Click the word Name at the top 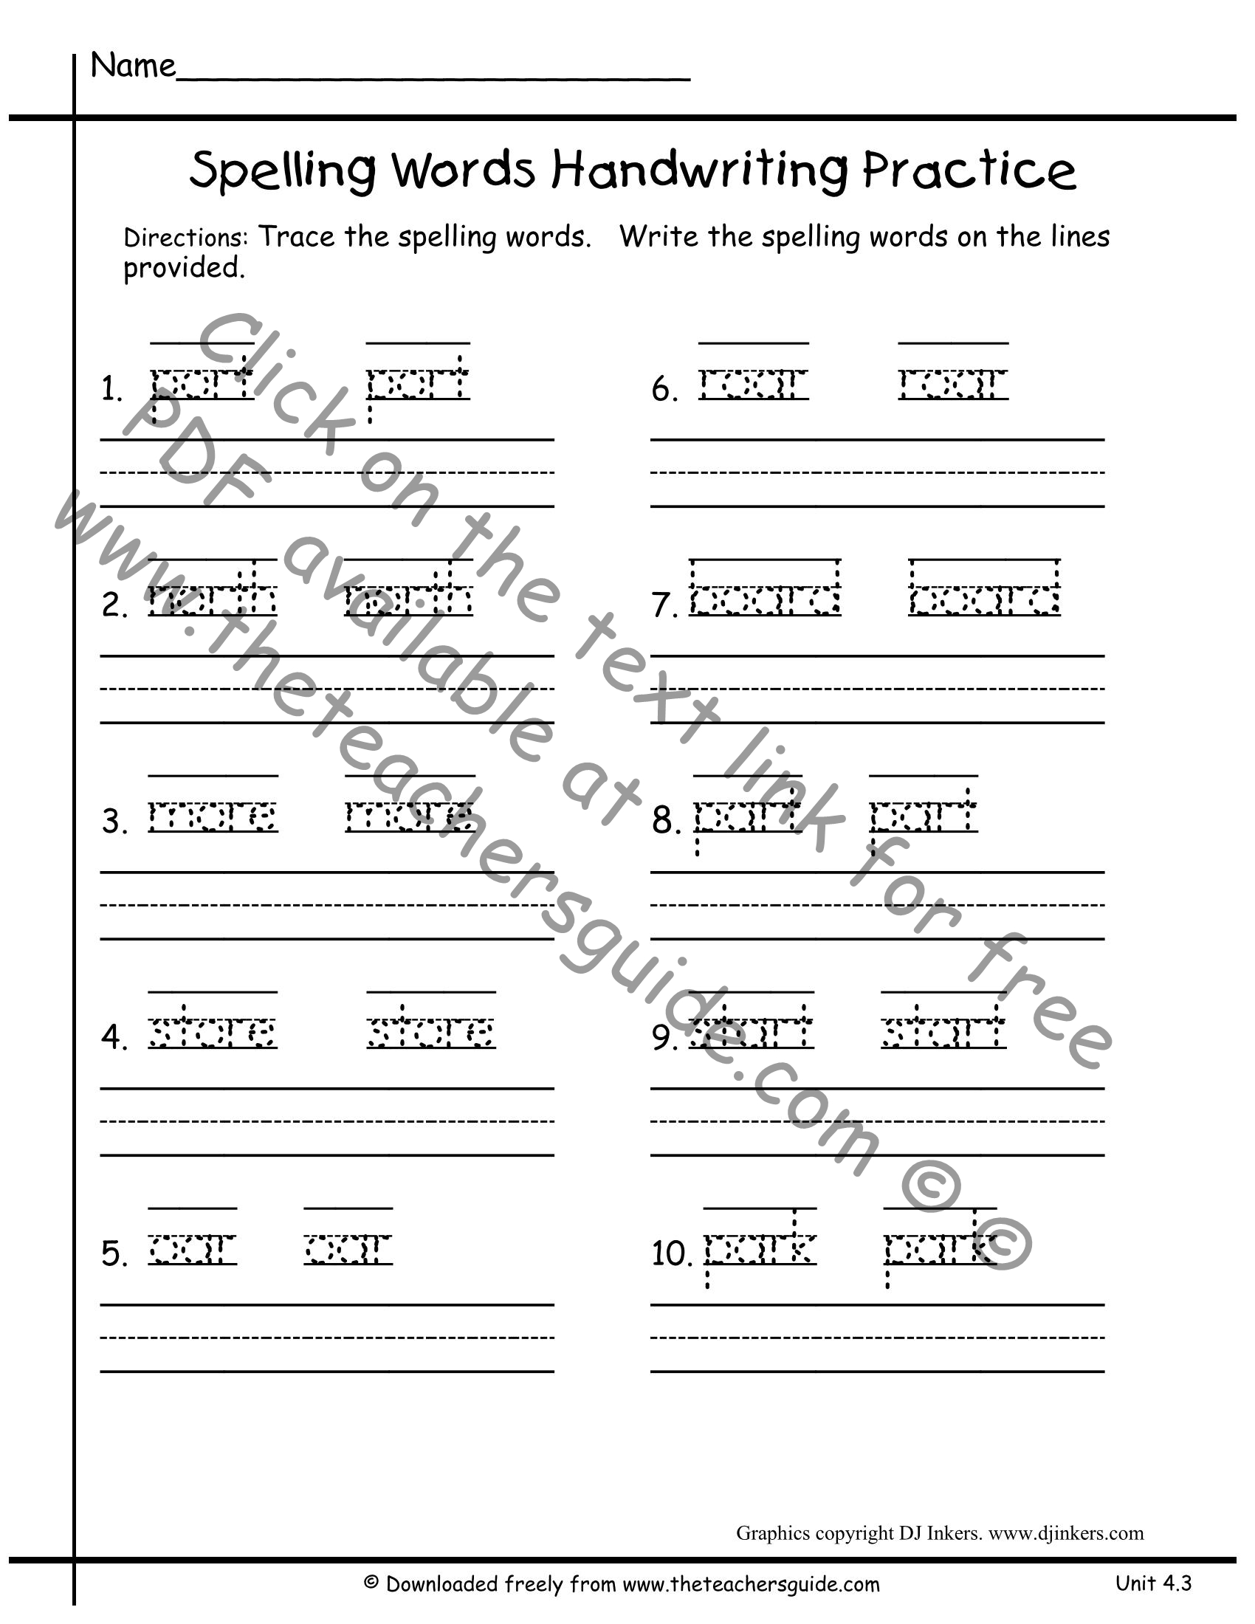(x=132, y=66)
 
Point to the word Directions (x=185, y=238)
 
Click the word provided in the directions (x=183, y=269)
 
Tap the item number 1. (x=111, y=390)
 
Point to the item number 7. (x=664, y=606)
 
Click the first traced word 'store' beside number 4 (x=213, y=1031)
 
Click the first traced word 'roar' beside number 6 (x=753, y=384)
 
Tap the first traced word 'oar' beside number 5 (x=193, y=1249)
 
